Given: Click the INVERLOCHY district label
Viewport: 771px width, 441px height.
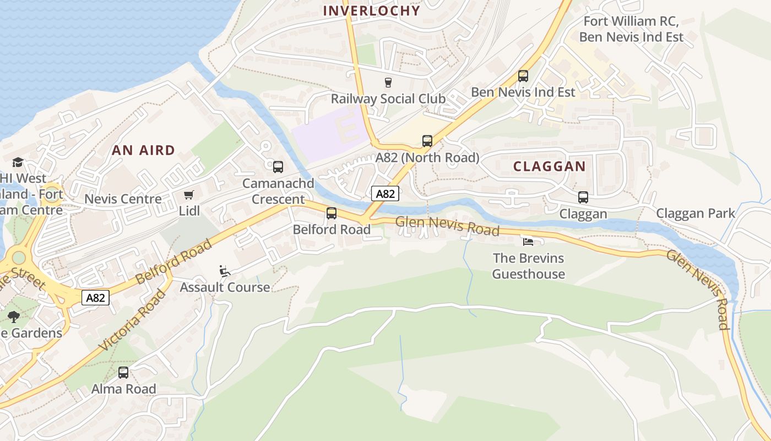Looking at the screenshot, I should pyautogui.click(x=371, y=10).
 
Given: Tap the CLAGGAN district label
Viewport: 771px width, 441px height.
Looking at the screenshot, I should pyautogui.click(x=549, y=166).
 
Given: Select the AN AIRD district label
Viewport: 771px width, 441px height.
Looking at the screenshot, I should pyautogui.click(x=143, y=150).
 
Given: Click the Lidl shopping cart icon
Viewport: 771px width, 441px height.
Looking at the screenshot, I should pyautogui.click(x=189, y=195).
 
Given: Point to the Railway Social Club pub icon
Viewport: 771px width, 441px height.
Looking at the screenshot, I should pyautogui.click(x=388, y=83).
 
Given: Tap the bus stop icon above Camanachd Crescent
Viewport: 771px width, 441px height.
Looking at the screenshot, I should pyautogui.click(x=278, y=166).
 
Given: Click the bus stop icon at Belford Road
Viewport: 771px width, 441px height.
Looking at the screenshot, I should pyautogui.click(x=332, y=213).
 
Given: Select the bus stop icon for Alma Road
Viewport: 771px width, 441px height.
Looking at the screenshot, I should pyautogui.click(x=123, y=373).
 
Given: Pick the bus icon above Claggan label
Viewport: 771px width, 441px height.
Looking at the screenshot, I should pyautogui.click(x=583, y=197).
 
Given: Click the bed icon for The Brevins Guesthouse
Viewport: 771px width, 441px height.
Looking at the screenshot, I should pyautogui.click(x=528, y=241).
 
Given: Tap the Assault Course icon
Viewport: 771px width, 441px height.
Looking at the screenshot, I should pyautogui.click(x=225, y=271).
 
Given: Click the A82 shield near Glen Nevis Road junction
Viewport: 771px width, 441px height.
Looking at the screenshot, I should pyautogui.click(x=385, y=193).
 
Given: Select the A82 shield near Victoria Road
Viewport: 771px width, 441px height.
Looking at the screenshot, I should pyautogui.click(x=95, y=298).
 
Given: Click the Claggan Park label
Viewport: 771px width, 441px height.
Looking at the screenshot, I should pyautogui.click(x=695, y=213).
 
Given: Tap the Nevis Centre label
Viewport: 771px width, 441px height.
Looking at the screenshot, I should pyautogui.click(x=123, y=199).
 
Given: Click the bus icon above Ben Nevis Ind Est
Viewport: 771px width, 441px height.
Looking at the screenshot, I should pyautogui.click(x=523, y=76).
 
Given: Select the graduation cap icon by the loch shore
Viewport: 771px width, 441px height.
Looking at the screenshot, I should pyautogui.click(x=18, y=163).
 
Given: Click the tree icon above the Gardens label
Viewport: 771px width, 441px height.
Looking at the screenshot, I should pyautogui.click(x=14, y=317).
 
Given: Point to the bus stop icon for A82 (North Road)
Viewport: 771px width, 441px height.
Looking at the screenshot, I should pyautogui.click(x=427, y=141).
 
